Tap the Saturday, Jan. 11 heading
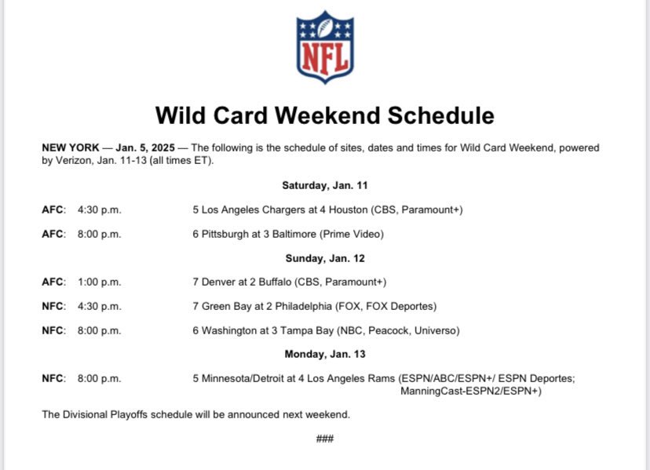[325, 186]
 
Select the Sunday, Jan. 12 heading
[325, 258]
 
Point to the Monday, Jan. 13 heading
[325, 354]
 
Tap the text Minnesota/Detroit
[239, 378]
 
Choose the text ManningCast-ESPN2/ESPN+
[470, 391]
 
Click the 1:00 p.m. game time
[99, 282]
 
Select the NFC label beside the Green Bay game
[53, 306]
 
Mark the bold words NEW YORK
[70, 148]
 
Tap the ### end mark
[325, 438]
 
